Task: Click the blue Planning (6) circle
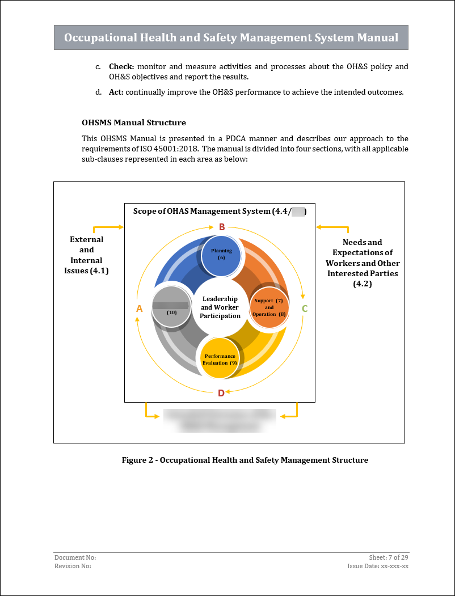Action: (221, 256)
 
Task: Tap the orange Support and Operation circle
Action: (269, 308)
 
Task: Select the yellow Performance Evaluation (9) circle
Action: (220, 358)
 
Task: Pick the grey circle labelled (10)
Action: (172, 307)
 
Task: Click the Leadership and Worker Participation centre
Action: (220, 307)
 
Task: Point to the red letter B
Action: (222, 227)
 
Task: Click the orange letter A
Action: (139, 308)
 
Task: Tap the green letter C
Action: (305, 309)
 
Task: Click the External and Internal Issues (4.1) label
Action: (87, 255)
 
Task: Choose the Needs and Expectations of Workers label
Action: (363, 263)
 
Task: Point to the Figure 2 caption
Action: (245, 460)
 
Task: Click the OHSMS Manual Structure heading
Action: (134, 122)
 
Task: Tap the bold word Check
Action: (121, 67)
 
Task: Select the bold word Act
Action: (116, 92)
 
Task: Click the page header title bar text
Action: (231, 38)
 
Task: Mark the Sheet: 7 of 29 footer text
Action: (389, 558)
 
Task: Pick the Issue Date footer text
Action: (378, 566)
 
